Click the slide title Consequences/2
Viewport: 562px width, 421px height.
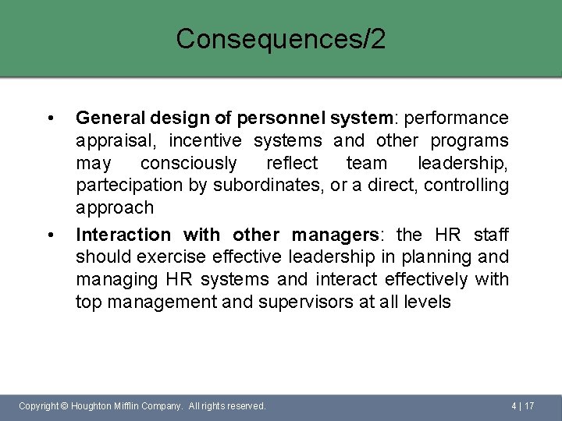[280, 39]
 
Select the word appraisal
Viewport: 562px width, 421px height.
[110, 141]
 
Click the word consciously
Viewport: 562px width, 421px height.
[188, 163]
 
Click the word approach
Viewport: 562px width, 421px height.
[115, 208]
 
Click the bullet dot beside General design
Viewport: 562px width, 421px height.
[51, 119]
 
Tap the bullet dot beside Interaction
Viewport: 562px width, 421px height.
[51, 235]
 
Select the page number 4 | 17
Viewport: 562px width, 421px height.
[522, 406]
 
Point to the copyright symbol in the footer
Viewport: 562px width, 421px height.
[64, 406]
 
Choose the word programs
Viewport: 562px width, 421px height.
[473, 140]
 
